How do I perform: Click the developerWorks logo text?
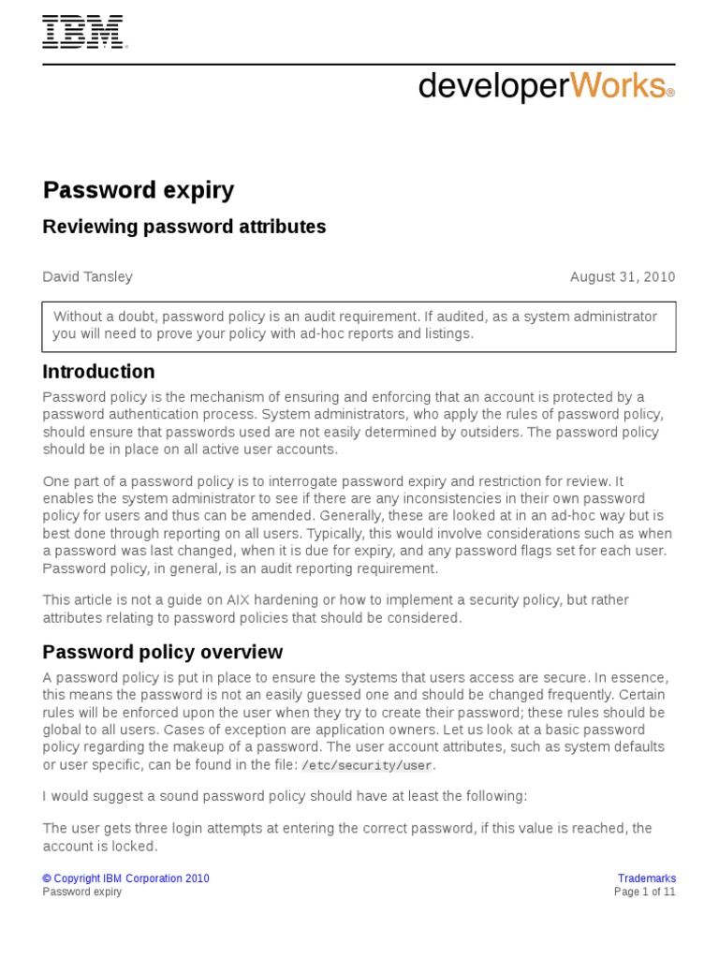(545, 86)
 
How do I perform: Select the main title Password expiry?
(139, 191)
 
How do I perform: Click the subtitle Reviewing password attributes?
(184, 227)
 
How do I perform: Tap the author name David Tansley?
(88, 277)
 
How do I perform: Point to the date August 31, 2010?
(623, 277)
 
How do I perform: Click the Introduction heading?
(98, 372)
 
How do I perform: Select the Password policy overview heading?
(163, 652)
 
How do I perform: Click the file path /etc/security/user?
(367, 766)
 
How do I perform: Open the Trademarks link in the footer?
(646, 878)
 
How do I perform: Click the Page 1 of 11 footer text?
(644, 893)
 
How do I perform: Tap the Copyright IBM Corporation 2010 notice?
(126, 878)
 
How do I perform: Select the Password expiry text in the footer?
(82, 893)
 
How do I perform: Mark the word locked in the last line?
(136, 847)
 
